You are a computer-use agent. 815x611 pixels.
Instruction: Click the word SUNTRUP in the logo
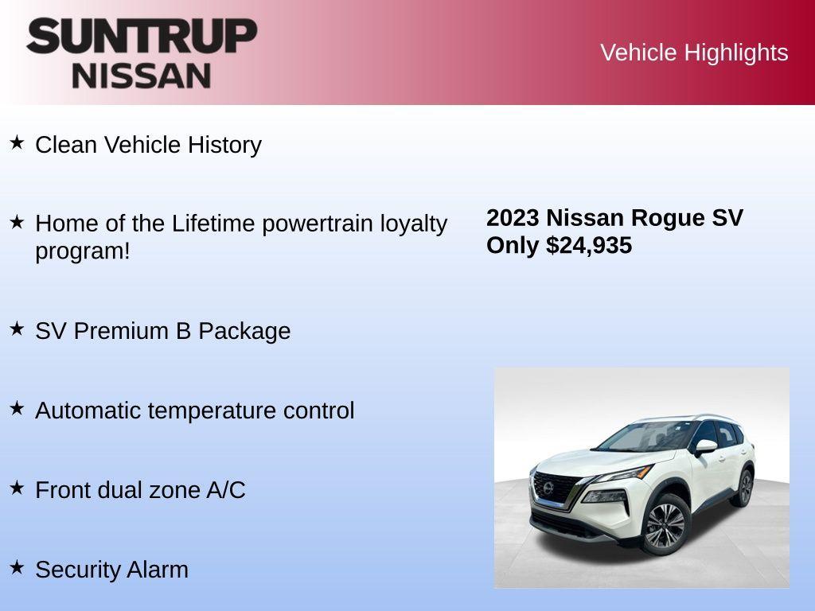tap(142, 36)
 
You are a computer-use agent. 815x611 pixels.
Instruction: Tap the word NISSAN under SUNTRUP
tap(142, 76)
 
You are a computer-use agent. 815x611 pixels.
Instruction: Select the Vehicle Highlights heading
tap(694, 53)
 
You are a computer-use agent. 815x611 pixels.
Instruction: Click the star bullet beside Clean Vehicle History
tap(17, 143)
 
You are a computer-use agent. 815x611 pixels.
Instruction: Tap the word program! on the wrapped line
tap(82, 251)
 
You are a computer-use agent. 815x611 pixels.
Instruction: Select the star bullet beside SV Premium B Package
tap(17, 329)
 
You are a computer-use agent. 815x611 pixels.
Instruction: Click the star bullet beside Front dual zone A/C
tap(17, 488)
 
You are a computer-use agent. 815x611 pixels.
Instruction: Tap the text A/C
tap(226, 490)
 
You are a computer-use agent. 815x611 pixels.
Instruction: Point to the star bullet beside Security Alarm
tap(17, 567)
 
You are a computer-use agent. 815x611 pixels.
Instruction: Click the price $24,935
tap(589, 245)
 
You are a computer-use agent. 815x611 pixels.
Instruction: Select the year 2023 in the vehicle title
tap(513, 218)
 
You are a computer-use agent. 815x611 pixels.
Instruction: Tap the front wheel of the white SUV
tap(665, 525)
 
